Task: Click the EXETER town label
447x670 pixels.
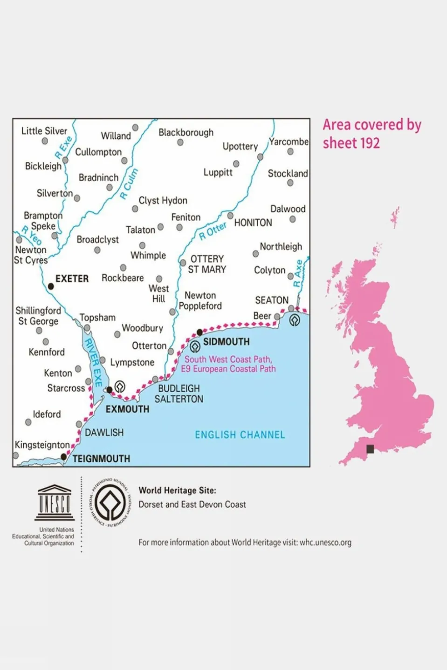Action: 72,278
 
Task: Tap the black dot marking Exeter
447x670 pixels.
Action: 51,286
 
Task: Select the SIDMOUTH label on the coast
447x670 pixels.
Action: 226,342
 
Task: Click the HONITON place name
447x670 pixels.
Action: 253,223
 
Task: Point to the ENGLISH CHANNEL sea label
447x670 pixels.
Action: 240,435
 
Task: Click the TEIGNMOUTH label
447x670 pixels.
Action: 101,459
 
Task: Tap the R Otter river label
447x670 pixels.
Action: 213,230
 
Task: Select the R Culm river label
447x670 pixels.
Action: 129,184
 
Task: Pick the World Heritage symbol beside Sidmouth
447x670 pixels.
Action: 195,346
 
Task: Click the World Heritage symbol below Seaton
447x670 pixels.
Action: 295,320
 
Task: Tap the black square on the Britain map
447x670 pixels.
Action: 370,449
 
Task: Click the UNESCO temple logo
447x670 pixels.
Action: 55,503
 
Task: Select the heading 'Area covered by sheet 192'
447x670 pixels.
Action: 371,134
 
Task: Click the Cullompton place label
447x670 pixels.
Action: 98,152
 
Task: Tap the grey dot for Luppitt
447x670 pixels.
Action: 236,164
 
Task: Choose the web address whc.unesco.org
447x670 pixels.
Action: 325,542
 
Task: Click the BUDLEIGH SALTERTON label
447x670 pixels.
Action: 179,393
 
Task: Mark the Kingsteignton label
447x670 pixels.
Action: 42,445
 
